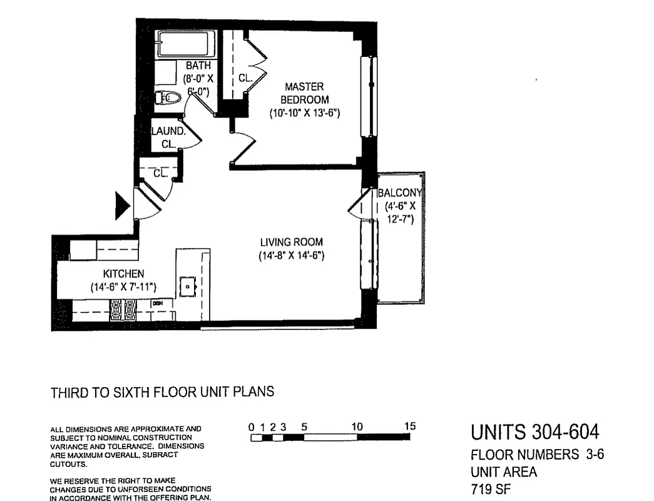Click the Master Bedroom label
pos(304,93)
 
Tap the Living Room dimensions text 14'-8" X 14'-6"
pos(291,256)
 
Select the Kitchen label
pos(123,274)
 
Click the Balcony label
pos(401,193)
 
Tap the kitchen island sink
pos(188,286)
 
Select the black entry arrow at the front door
pos(122,206)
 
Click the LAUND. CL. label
pos(168,138)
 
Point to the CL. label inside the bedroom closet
pos(245,78)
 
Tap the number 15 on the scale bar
pos(409,426)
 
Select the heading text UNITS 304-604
pos(534,432)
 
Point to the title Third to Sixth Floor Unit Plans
pos(162,393)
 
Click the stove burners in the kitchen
pos(123,309)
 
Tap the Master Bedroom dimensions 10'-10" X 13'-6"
pos(304,113)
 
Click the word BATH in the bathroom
pos(197,65)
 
